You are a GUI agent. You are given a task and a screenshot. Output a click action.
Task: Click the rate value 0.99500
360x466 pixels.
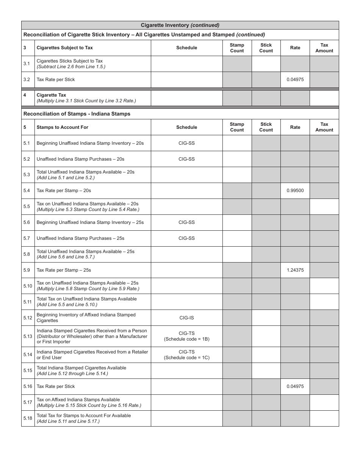295,191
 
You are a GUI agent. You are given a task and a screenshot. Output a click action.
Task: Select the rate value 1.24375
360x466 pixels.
295,270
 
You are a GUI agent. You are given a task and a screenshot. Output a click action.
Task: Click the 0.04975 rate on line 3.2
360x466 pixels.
295,80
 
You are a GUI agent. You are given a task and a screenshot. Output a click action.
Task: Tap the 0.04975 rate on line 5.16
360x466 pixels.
295,386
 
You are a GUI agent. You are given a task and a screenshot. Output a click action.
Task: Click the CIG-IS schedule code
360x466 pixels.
186,318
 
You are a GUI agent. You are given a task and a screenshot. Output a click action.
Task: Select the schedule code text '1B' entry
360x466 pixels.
186,336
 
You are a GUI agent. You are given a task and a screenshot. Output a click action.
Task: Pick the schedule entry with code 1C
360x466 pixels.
186,355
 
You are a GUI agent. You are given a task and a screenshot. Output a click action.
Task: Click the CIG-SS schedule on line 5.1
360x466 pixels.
186,143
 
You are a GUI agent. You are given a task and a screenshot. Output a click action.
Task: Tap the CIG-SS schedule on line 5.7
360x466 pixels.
186,238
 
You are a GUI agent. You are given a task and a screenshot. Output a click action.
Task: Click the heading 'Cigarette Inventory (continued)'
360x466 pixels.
180,25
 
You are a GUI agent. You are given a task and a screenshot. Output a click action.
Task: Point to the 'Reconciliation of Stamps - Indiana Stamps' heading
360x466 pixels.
77,114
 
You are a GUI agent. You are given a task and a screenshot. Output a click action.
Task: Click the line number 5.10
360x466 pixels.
28,286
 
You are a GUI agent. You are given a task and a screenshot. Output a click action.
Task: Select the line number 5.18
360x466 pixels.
28,418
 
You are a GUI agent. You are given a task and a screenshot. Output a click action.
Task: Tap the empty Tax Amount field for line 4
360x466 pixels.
324,98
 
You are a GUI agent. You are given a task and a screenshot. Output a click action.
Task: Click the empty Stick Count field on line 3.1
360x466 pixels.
266,64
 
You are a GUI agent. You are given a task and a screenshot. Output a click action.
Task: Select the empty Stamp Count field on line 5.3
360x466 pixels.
237,175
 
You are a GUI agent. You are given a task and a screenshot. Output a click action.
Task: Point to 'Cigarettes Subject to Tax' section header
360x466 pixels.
64,48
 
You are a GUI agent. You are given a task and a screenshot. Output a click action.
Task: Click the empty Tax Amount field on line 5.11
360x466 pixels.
324,302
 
